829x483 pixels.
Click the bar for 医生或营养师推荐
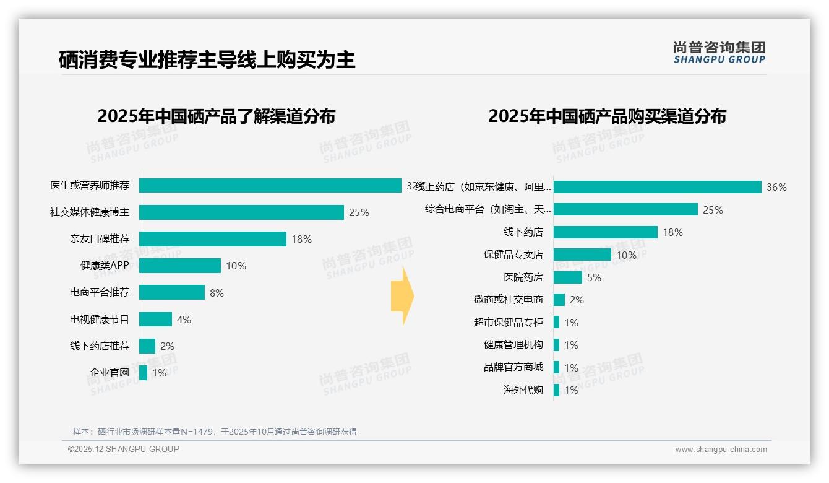[270, 186]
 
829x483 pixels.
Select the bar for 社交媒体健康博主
[241, 212]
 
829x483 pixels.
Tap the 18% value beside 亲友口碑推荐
[301, 239]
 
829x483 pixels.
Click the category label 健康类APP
[105, 266]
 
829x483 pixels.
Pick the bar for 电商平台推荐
[171, 292]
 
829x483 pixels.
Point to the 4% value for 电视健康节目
[184, 320]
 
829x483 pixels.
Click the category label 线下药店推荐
[100, 346]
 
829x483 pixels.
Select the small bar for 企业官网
[143, 373]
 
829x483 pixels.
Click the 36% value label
[776, 187]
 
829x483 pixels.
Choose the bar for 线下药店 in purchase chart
[605, 232]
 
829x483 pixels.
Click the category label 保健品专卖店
[513, 255]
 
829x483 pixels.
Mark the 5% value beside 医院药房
[594, 277]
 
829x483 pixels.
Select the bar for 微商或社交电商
[559, 300]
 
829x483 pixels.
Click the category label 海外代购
[523, 390]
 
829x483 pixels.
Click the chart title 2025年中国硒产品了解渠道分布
[216, 116]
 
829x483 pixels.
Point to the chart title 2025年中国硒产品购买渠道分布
[607, 116]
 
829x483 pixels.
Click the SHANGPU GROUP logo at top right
[719, 52]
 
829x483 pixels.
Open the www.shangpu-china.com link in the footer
[721, 450]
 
